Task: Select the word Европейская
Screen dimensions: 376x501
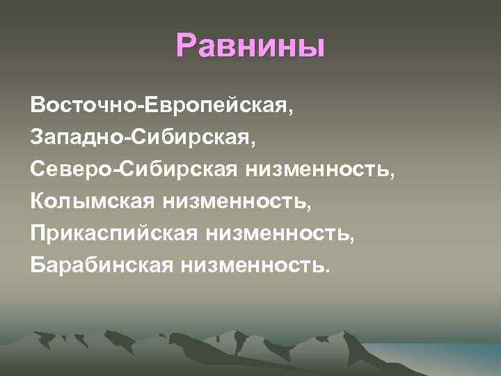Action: [x=220, y=106]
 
